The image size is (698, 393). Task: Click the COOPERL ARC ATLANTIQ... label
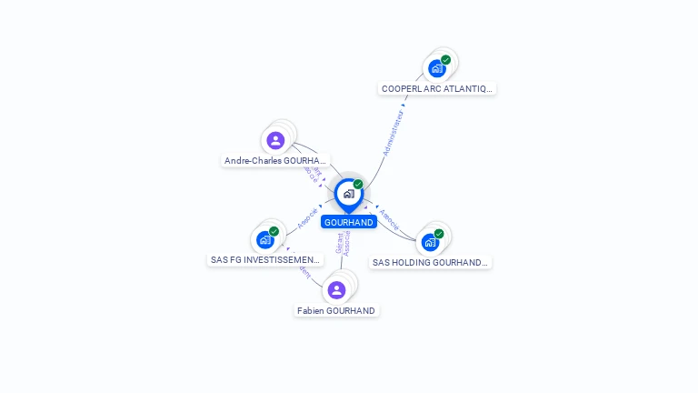pos(437,88)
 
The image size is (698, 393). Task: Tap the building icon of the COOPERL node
pos(437,68)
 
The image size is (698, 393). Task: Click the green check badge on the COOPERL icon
pos(446,60)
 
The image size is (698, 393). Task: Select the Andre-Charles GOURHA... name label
pos(275,160)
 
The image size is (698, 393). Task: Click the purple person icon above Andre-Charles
pos(275,140)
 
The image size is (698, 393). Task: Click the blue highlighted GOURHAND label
pos(349,222)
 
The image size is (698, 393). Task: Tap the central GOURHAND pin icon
pos(348,193)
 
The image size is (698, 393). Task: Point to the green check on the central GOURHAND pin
pos(358,185)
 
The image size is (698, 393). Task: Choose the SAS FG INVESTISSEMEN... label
pos(265,259)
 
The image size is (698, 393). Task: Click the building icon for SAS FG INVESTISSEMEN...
pos(264,239)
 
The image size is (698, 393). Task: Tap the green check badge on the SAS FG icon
pos(274,231)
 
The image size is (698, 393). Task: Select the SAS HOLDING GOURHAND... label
pos(430,262)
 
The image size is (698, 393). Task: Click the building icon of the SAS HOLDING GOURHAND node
pos(430,242)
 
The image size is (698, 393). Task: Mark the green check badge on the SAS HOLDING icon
pos(439,234)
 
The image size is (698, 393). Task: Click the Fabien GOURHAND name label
pos(336,310)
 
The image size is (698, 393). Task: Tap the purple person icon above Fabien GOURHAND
pos(336,290)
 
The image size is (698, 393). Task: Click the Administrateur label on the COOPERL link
pos(393,134)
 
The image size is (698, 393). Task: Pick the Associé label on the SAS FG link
pos(307,218)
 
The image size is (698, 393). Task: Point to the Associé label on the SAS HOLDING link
pos(389,219)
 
